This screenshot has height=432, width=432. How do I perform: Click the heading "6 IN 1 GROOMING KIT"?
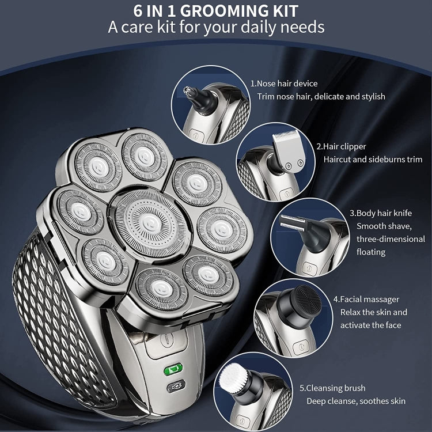pyautogui.click(x=215, y=11)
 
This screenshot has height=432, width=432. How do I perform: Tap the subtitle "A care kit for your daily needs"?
pyautogui.click(x=216, y=27)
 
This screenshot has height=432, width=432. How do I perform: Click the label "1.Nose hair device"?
pyautogui.click(x=283, y=84)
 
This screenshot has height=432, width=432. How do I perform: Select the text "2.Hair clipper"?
pyautogui.click(x=340, y=146)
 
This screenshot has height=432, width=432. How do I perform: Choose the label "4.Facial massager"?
pyautogui.click(x=366, y=299)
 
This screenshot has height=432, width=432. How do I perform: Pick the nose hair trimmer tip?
pyautogui.click(x=188, y=90)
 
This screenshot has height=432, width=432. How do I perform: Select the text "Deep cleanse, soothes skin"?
pyautogui.click(x=355, y=401)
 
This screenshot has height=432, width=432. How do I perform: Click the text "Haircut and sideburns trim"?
pyautogui.click(x=373, y=160)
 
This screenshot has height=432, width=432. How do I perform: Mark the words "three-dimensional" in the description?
pyautogui.click(x=390, y=239)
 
